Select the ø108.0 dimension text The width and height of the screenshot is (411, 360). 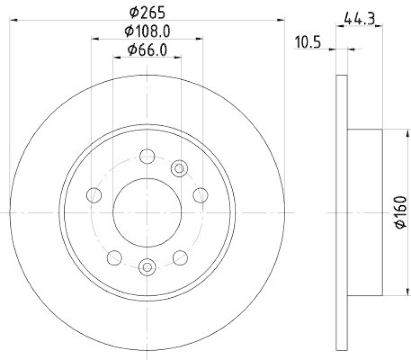pyautogui.click(x=147, y=31)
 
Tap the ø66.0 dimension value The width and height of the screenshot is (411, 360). pyautogui.click(x=147, y=50)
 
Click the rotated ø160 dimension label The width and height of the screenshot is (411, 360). pyautogui.click(x=401, y=212)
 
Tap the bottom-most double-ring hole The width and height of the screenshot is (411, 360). pyautogui.click(x=147, y=266)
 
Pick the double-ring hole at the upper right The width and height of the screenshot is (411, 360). pyautogui.click(x=179, y=167)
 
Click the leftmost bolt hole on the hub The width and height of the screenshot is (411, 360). pyautogui.click(x=94, y=194)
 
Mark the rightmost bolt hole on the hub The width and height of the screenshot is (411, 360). pyautogui.click(x=200, y=194)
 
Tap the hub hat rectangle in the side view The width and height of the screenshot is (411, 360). pyautogui.click(x=365, y=212)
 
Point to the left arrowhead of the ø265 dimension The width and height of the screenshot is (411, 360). pyautogui.click(x=13, y=20)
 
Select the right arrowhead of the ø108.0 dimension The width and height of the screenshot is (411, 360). pyautogui.click(x=199, y=39)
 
